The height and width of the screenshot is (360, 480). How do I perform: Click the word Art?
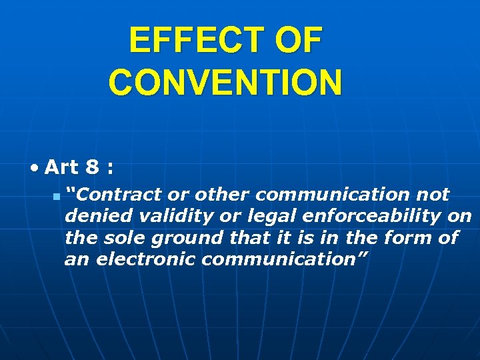point(61,167)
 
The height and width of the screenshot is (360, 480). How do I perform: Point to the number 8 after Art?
point(93,167)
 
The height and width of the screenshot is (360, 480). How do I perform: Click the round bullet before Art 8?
point(35,167)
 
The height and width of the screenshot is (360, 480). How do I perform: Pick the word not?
point(433,195)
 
